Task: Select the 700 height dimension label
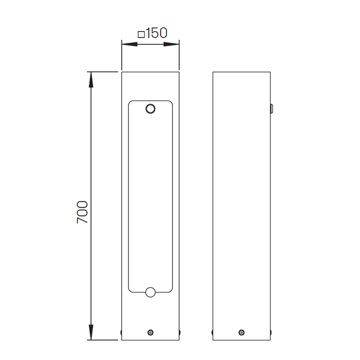[x=82, y=212]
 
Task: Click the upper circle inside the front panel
[x=150, y=109]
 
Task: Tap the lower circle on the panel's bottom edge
[x=150, y=292]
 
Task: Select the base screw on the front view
[x=150, y=332]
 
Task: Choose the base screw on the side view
[x=241, y=332]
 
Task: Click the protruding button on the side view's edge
[x=271, y=109]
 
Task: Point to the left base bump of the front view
[x=121, y=332]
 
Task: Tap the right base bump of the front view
[x=180, y=332]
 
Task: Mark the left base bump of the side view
[x=212, y=332]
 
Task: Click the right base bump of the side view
[x=271, y=332]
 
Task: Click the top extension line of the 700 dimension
[x=102, y=72]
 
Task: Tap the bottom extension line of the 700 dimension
[x=102, y=340]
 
